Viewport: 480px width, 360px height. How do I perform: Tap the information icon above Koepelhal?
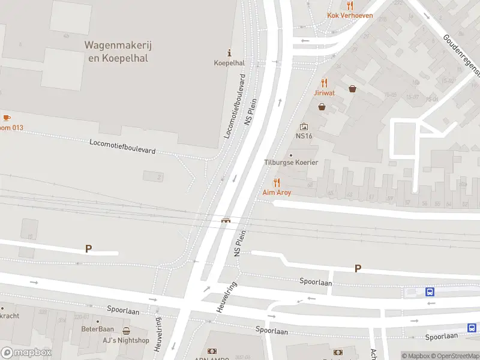click(x=229, y=53)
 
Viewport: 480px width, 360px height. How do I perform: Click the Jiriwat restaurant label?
click(x=324, y=93)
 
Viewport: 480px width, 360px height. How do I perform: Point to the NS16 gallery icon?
click(x=304, y=126)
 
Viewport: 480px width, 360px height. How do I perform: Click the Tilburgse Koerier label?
click(x=291, y=163)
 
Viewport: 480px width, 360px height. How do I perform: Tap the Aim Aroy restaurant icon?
click(x=277, y=182)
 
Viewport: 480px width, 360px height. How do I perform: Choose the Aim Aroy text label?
click(x=277, y=193)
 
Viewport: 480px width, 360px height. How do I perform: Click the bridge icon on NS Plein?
click(x=226, y=220)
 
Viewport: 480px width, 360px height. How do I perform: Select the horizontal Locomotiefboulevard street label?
click(x=122, y=146)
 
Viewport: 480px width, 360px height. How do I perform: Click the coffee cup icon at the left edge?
click(x=7, y=118)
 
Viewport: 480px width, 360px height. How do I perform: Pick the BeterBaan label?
click(x=97, y=329)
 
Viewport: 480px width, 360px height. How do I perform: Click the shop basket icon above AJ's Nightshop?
click(x=126, y=331)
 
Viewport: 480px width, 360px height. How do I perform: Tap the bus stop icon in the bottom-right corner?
click(x=472, y=328)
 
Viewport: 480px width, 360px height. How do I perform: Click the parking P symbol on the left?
click(x=89, y=248)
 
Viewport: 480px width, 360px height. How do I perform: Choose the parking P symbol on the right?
click(x=358, y=269)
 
